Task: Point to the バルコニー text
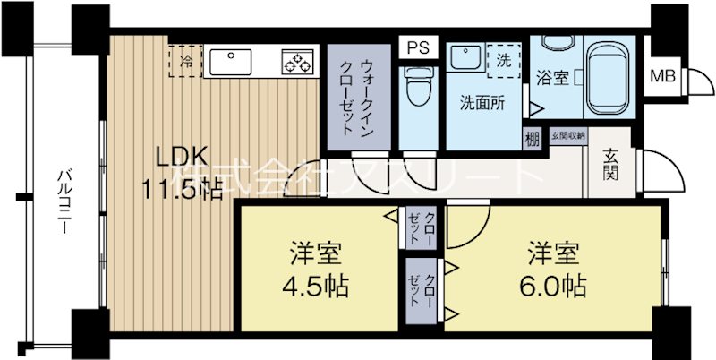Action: pyautogui.click(x=64, y=201)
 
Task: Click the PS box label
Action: pyautogui.click(x=418, y=47)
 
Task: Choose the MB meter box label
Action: pyautogui.click(x=663, y=74)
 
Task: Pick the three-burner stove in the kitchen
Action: pyautogui.click(x=297, y=61)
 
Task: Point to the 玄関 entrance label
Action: pyautogui.click(x=609, y=167)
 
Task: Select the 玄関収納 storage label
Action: pyautogui.click(x=567, y=136)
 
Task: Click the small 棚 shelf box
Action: pyautogui.click(x=533, y=139)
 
